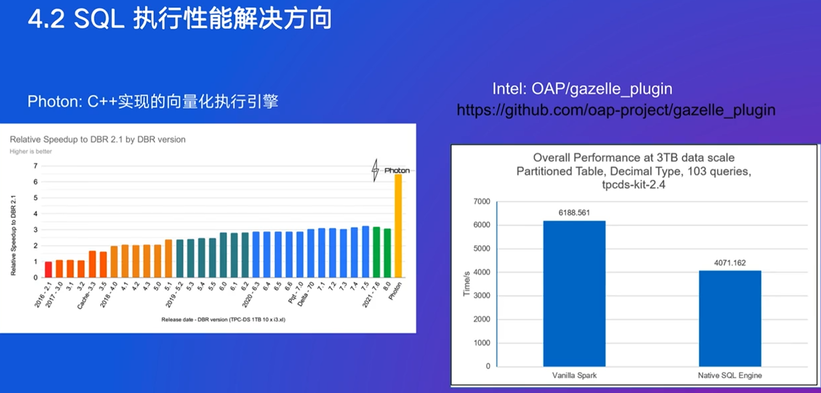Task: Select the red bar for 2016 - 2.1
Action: coord(48,270)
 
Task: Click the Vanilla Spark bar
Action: coord(574,293)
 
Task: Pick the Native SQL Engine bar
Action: coord(730,318)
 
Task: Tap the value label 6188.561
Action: coord(574,213)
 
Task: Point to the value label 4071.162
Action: coord(730,263)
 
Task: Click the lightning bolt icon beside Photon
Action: coord(375,170)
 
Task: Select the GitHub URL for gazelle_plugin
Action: coord(616,110)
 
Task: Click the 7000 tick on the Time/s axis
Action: coord(482,202)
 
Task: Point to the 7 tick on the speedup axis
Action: coord(36,166)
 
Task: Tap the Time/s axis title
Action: coord(466,284)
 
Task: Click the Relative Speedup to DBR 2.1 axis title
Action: coord(13,235)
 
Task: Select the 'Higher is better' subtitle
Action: coord(31,152)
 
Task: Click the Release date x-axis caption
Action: coord(223,320)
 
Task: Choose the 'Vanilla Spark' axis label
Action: coord(574,375)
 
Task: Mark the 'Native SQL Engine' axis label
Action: coord(730,375)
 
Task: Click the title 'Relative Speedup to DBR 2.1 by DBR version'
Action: coord(98,139)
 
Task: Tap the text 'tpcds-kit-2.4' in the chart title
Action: coord(633,184)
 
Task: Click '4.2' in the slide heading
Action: coord(46,19)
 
